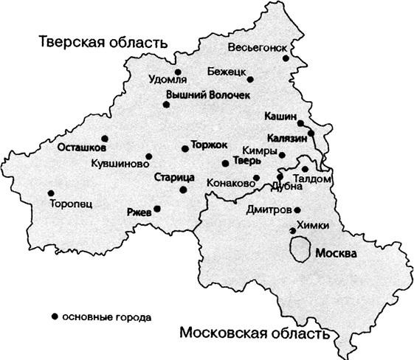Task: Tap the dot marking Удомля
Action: (x=178, y=72)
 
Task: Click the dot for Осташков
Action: (x=104, y=138)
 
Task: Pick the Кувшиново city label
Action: (x=116, y=163)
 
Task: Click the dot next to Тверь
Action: (x=225, y=163)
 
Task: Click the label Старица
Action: (x=175, y=178)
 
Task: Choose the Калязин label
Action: (x=287, y=137)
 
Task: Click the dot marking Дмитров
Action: (x=298, y=209)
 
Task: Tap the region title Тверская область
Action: (x=102, y=42)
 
